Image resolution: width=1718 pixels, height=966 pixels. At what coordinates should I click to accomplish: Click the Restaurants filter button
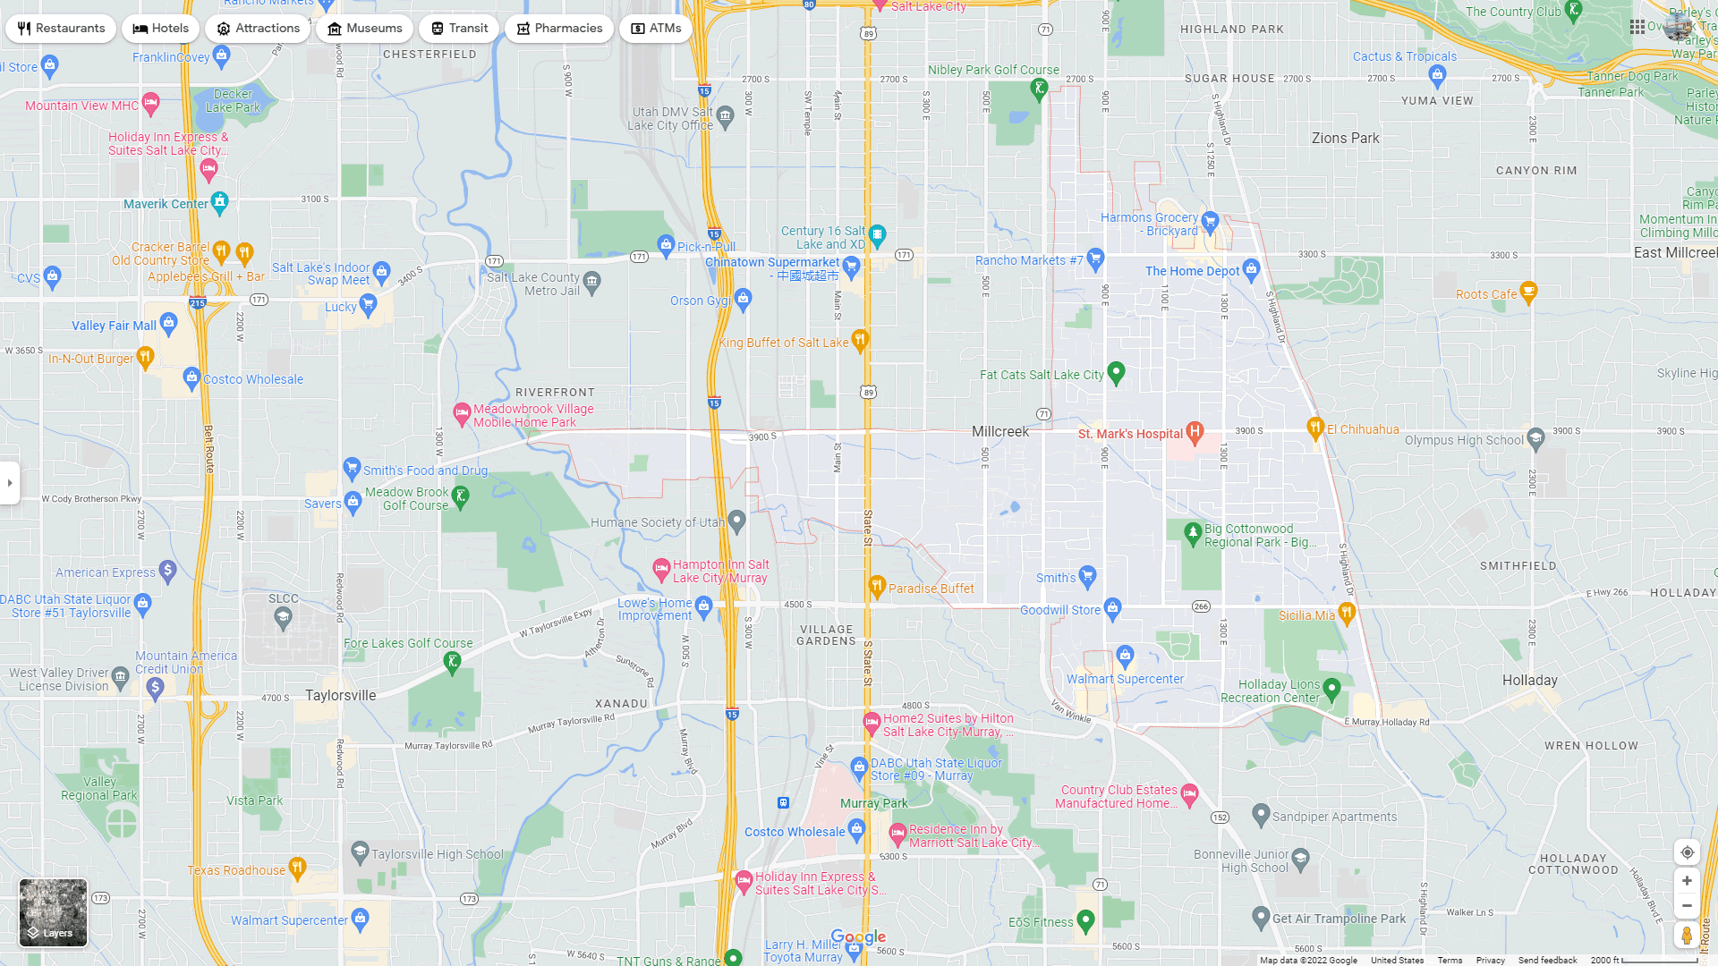pos(61,29)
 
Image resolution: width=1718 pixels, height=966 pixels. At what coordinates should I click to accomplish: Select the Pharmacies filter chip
pos(559,29)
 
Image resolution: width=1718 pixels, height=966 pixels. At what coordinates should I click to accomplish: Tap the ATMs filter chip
pos(656,29)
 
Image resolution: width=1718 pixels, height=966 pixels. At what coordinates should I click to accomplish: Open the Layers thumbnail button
pos(53,912)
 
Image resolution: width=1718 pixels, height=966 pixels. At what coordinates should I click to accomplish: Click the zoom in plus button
pos(1687,881)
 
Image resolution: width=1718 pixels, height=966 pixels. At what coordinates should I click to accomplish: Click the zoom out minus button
pos(1687,906)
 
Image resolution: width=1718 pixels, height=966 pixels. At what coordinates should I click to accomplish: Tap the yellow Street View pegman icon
pos(1687,936)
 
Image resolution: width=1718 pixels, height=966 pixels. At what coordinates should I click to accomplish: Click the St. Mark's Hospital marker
pos(1195,432)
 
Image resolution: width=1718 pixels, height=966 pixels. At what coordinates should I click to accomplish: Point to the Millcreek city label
pos(1000,432)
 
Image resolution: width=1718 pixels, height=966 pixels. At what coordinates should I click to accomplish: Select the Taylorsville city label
pos(341,696)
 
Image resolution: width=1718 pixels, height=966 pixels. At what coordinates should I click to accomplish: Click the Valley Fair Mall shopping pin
pos(168,324)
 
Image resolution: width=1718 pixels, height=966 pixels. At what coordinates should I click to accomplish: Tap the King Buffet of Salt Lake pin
pos(860,340)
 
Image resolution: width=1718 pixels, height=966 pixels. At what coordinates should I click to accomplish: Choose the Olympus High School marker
pos(1536,438)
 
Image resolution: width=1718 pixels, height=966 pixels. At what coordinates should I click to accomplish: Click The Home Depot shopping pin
pos(1252,268)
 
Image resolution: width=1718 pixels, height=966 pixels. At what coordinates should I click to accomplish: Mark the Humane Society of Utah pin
pos(737,521)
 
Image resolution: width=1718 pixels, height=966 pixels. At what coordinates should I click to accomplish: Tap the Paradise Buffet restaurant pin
pos(877,587)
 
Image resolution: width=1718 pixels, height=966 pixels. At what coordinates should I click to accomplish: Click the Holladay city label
pos(1530,681)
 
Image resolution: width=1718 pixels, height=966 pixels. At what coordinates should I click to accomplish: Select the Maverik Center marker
pos(220,202)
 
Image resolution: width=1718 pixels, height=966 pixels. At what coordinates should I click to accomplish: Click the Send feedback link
pos(1547,961)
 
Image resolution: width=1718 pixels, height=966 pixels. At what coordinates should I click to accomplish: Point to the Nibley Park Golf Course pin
pos(1039,88)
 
